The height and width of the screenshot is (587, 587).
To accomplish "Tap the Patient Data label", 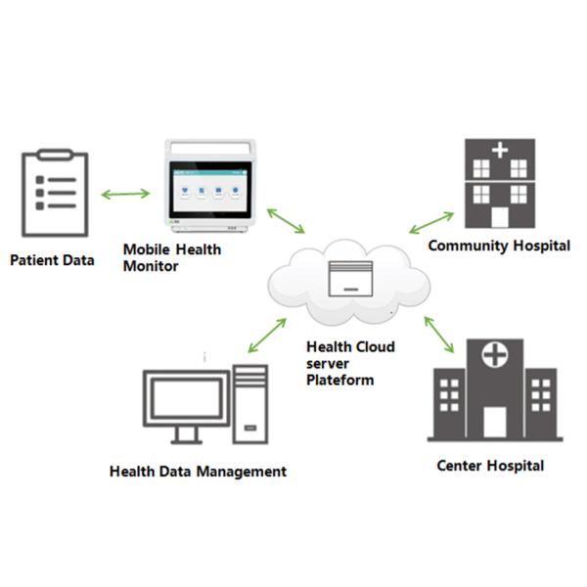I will coord(53,261).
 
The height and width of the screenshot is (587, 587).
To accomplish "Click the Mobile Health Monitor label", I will coord(171,257).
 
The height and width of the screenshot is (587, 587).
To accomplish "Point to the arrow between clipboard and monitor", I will coord(125,194).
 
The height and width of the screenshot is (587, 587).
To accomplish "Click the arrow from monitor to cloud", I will coord(286,220).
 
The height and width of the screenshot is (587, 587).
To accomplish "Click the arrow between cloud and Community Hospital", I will coord(431,223).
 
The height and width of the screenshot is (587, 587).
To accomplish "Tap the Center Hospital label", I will coord(490,465).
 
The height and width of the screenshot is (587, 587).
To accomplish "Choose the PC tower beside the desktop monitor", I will coord(250,403).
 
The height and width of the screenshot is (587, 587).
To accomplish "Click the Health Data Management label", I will coord(198,472).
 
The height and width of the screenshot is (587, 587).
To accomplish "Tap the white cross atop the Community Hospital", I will coord(499,150).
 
